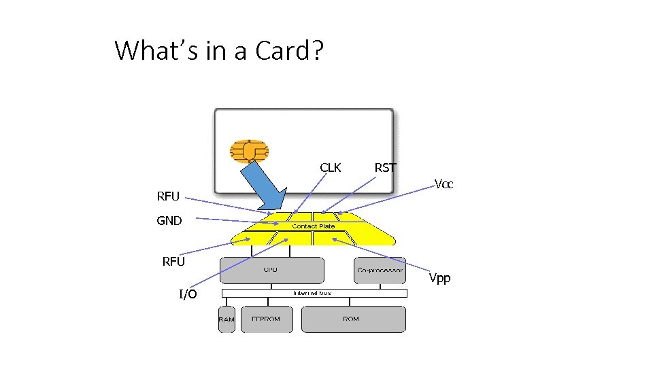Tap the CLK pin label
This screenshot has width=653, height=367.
pos(331,168)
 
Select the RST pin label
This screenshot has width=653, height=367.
pos(385,168)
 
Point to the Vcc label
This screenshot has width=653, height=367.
pos(444,185)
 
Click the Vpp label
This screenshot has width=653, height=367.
pos(439,279)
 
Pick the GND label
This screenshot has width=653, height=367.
pos(169,221)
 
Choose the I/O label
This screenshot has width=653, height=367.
pos(188,294)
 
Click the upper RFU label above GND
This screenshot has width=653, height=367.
pos(168,197)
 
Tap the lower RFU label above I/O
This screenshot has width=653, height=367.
pos(173,262)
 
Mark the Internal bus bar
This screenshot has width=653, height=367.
pos(314,293)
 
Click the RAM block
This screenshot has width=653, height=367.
pos(227,319)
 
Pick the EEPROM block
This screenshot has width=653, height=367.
pos(266,319)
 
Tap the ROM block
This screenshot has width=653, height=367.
pos(352,319)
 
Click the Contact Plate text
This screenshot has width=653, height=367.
pos(313,226)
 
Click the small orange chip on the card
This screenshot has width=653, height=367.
pos(249,151)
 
